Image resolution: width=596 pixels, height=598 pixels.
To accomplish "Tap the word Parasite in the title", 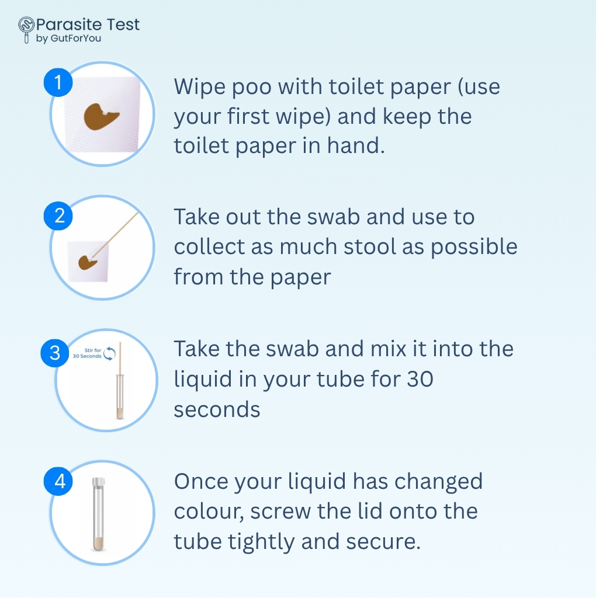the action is (70, 25).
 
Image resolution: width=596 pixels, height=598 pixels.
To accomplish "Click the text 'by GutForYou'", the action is (69, 39).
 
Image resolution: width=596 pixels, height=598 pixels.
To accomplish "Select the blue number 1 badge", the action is (58, 82).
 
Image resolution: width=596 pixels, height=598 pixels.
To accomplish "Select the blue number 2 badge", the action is (58, 216).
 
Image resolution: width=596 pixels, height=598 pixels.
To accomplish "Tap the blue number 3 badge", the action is (56, 353).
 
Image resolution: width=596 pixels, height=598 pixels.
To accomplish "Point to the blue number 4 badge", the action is (58, 481).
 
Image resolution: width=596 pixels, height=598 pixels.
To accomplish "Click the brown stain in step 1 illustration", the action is (101, 116).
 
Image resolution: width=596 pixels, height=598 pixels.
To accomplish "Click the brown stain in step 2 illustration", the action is (87, 263).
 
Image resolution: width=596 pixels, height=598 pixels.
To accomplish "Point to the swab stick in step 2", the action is (115, 235).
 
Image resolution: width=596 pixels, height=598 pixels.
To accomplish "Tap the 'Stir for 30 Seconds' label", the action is (88, 353).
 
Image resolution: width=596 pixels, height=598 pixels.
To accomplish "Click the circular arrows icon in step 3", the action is (109, 353).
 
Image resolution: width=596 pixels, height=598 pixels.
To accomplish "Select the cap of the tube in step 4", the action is (98, 482).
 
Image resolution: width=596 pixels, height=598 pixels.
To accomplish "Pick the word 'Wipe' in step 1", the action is (200, 86).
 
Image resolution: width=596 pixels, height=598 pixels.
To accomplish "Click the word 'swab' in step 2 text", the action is (334, 217).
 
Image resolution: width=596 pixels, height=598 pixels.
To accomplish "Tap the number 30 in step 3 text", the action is (420, 380).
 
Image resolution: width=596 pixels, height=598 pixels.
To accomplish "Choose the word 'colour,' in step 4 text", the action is (209, 512).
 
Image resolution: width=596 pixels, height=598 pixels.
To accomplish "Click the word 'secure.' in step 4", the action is (383, 541).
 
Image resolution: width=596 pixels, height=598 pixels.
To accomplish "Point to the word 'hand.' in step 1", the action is (356, 145).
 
